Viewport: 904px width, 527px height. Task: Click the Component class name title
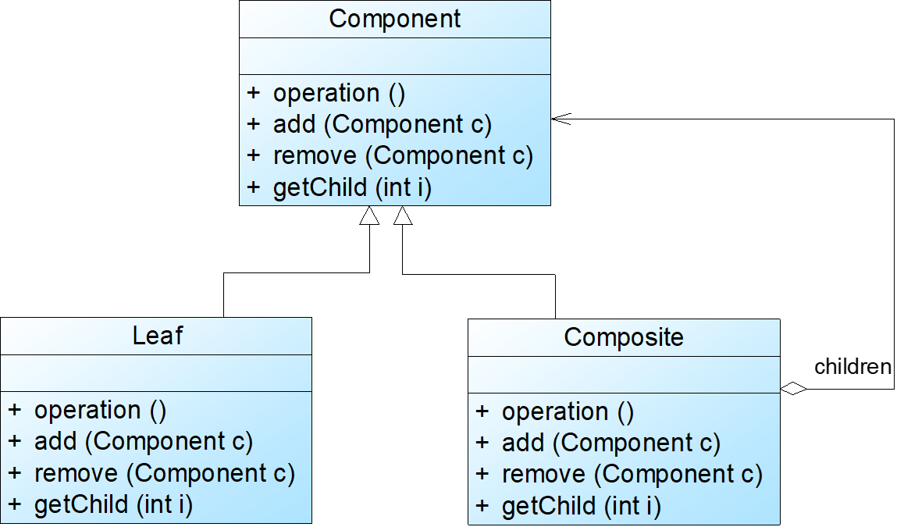395,19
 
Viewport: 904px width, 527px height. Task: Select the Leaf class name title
158,336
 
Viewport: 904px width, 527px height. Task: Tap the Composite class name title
624,337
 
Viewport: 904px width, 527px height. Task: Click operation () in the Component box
339,93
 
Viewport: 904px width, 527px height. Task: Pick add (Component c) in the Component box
382,124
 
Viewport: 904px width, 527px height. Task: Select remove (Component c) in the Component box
402,155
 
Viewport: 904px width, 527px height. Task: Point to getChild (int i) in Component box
352,187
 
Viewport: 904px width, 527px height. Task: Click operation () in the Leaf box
100,410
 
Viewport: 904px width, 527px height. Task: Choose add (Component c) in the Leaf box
143,442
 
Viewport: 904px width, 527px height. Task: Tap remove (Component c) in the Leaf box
164,473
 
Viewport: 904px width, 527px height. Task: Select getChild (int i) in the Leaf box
113,504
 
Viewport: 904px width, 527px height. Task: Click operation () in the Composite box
568,411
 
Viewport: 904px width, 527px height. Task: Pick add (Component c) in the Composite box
610,443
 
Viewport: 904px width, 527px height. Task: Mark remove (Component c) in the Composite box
632,475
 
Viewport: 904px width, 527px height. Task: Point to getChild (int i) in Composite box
581,507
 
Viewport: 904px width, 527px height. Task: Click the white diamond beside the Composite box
793,388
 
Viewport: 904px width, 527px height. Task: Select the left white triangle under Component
369,216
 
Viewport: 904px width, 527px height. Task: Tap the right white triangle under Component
402,216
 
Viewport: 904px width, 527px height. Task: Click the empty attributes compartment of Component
395,56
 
